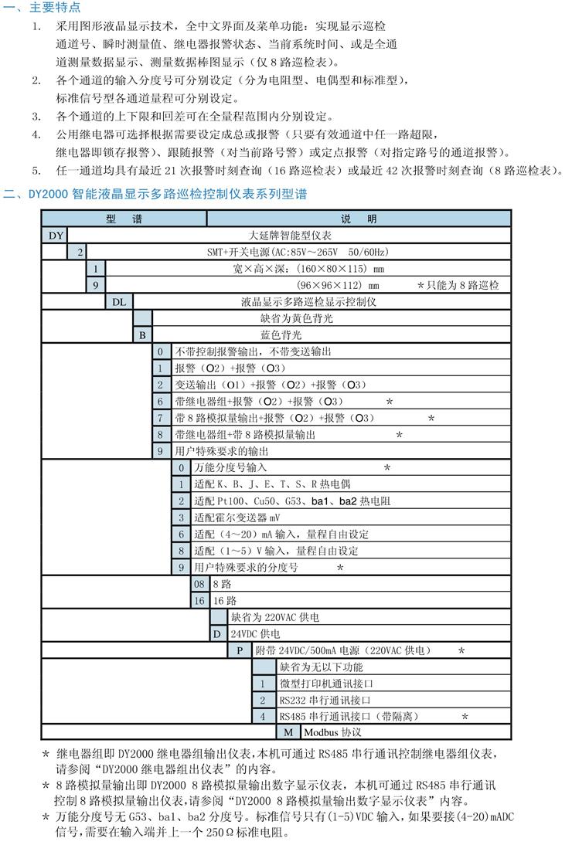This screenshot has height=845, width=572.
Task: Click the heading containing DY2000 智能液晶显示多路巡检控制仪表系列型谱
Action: [154, 194]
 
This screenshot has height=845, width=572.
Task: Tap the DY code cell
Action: [55, 236]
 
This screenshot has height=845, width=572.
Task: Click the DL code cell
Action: [118, 301]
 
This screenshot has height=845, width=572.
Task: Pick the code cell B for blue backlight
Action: [142, 334]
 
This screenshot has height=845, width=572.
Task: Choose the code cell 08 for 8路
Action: [199, 584]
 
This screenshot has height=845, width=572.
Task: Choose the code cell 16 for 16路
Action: [199, 600]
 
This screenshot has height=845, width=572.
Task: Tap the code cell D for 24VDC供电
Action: [218, 633]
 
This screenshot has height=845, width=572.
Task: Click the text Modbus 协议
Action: [332, 731]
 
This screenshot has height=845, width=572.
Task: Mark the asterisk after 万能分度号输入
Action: [387, 468]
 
